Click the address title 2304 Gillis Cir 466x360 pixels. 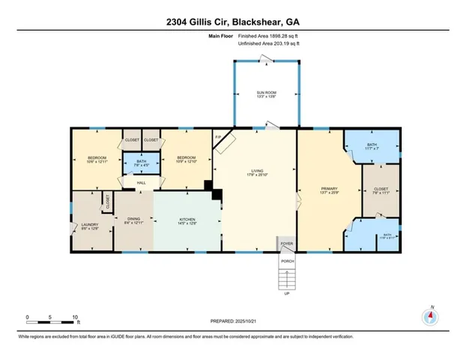coord(233,22)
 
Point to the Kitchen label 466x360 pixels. coord(187,218)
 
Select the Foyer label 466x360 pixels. coord(285,244)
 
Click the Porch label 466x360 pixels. coord(285,260)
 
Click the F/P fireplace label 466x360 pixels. coord(218,137)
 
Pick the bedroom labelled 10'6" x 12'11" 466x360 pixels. coord(97,159)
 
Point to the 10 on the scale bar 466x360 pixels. coord(74,317)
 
